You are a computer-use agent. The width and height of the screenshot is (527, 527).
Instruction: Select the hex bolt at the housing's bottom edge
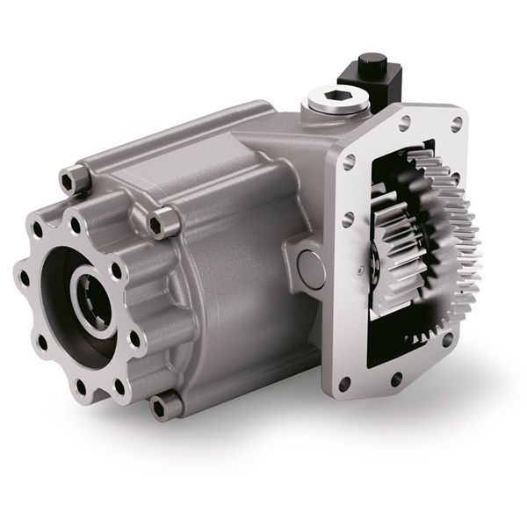coord(164,407)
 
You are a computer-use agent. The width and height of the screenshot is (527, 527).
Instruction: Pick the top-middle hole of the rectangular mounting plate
coord(403,123)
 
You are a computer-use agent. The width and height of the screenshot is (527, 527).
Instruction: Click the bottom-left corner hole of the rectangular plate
coord(344,383)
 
